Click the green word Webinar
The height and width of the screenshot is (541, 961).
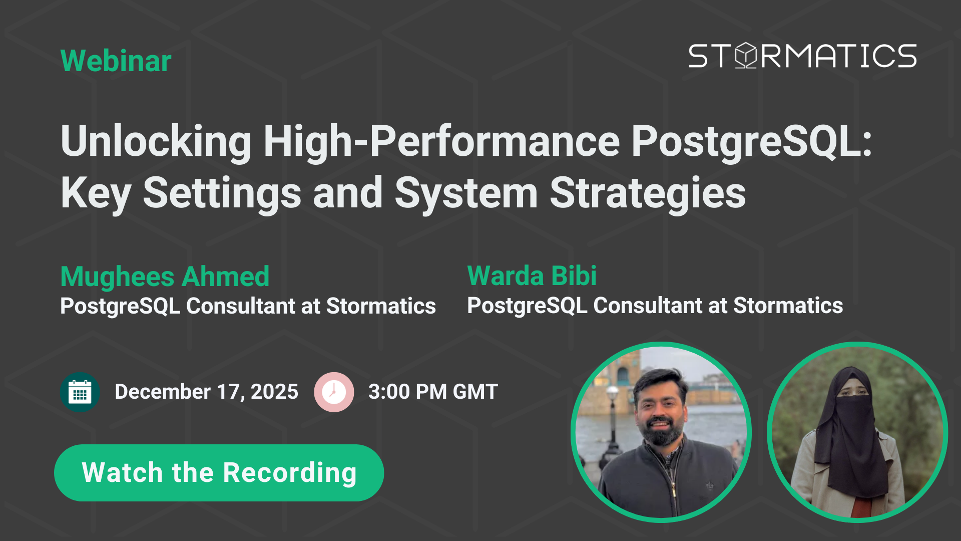[x=116, y=61]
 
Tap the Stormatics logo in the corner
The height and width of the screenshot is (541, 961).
[x=802, y=55]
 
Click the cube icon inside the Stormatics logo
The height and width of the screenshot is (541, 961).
[x=747, y=55]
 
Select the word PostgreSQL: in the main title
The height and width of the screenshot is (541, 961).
[x=752, y=143]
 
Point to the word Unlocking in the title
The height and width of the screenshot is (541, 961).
[x=156, y=141]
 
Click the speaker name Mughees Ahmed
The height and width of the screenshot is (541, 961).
[x=165, y=277]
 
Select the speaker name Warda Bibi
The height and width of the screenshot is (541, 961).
[x=532, y=276]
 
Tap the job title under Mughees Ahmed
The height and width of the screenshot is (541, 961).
[x=248, y=306]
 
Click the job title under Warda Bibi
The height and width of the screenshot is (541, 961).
[x=655, y=306]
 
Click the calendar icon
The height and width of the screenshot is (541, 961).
[x=80, y=392]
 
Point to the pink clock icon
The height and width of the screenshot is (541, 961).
[x=334, y=392]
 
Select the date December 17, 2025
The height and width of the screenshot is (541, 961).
[x=206, y=392]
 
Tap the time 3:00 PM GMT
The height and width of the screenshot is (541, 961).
[x=433, y=392]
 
